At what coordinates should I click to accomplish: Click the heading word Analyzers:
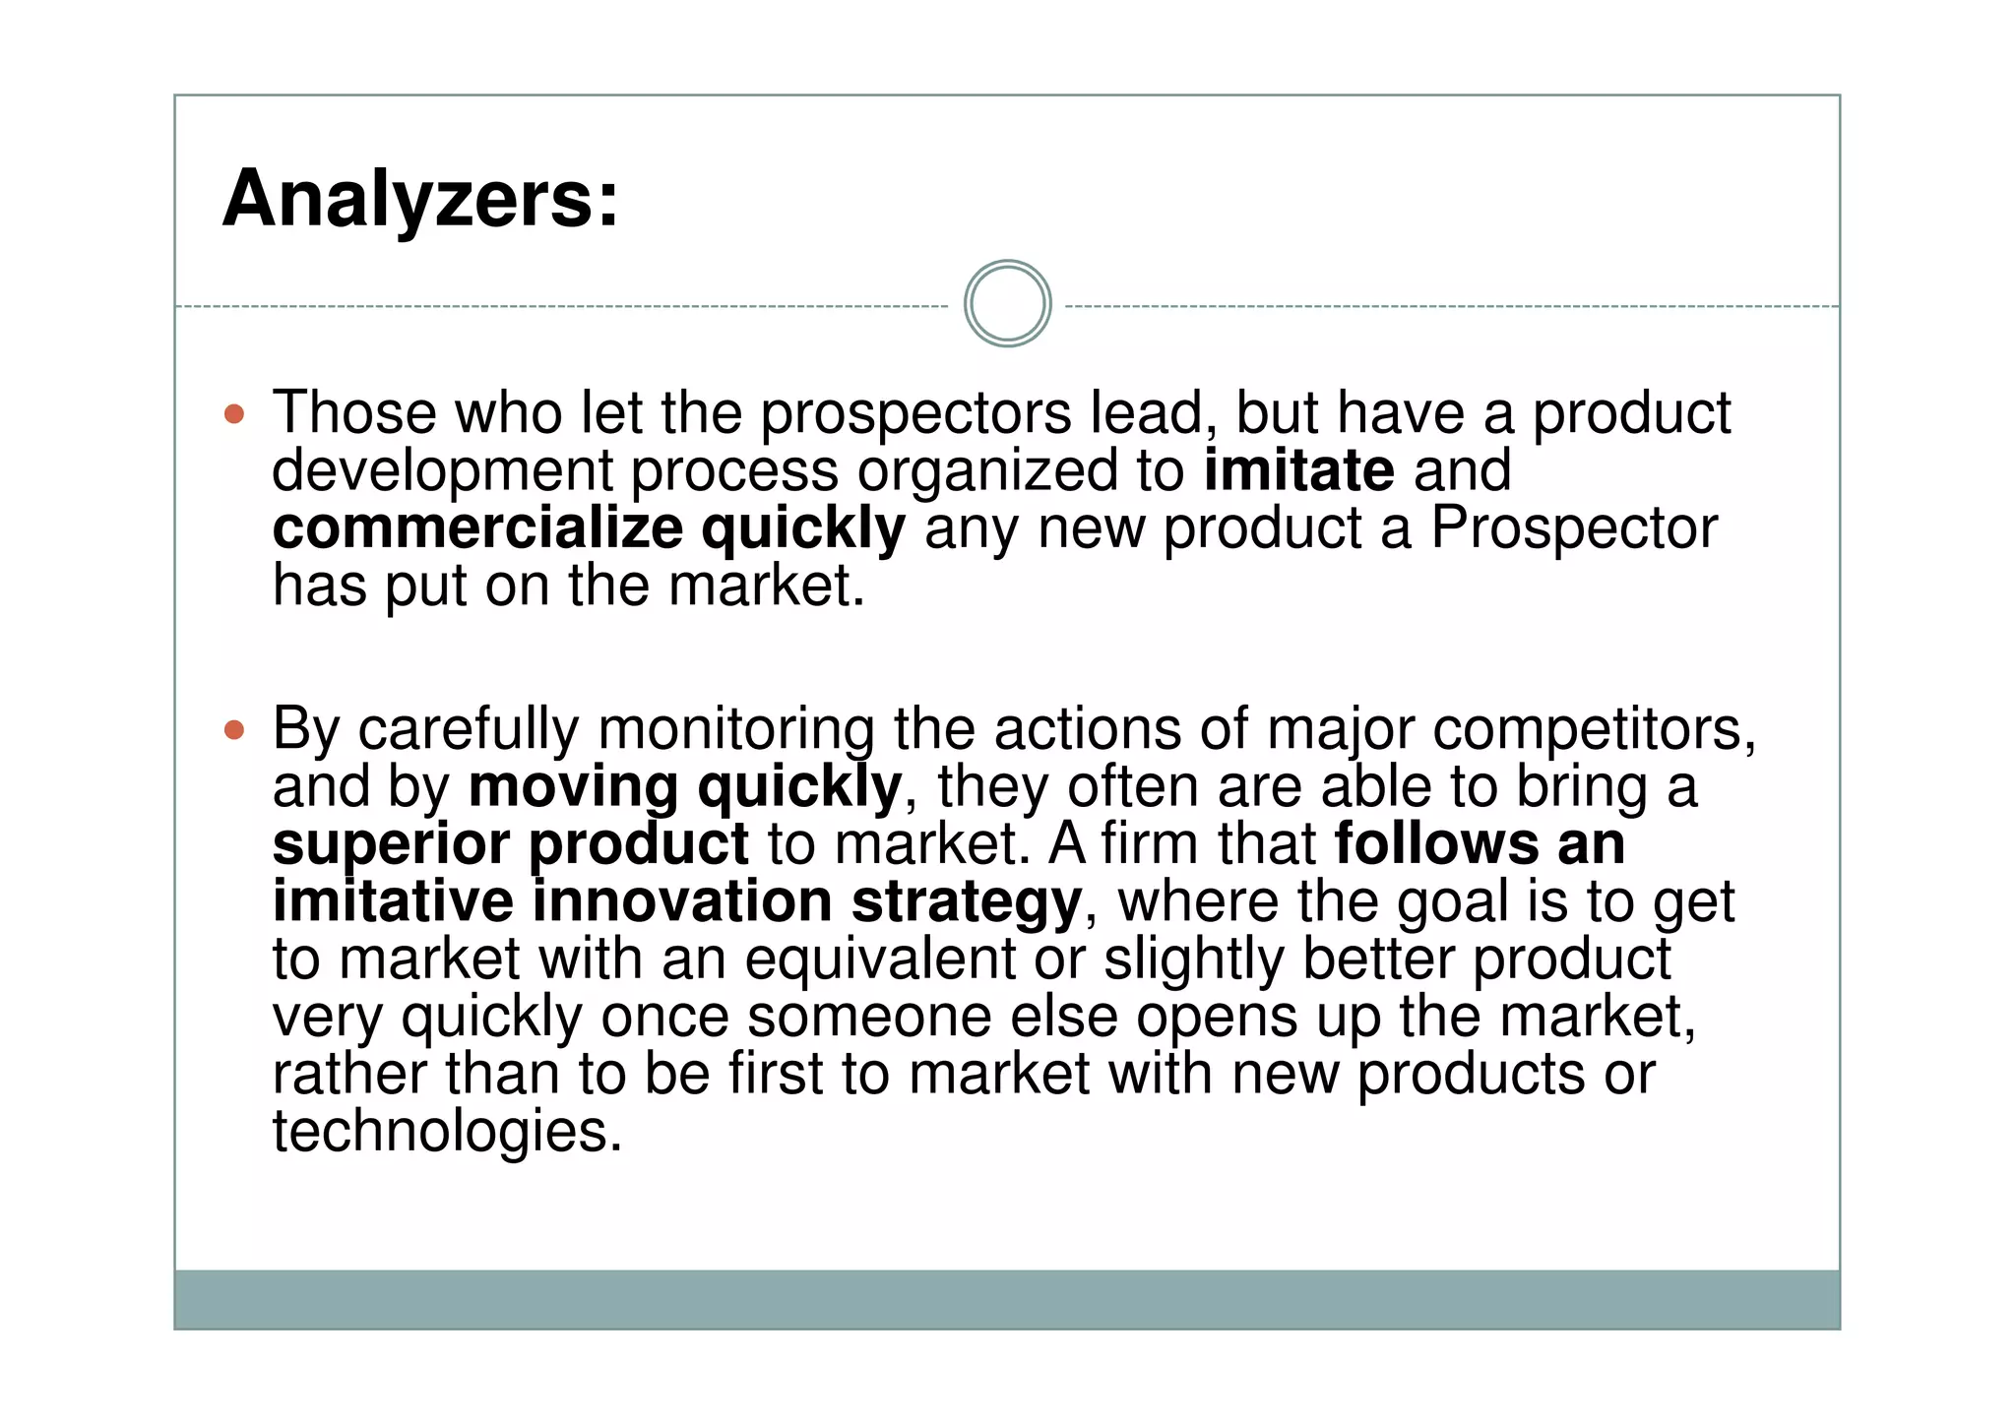(420, 200)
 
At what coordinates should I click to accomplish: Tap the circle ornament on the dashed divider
(1007, 304)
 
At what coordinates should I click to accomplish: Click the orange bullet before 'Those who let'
(234, 413)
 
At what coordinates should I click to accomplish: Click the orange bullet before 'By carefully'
(234, 730)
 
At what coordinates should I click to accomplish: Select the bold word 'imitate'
(1298, 470)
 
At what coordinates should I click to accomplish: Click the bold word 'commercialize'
(477, 528)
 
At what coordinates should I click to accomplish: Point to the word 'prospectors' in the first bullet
(915, 413)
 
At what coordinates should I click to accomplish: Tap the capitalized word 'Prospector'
(1573, 528)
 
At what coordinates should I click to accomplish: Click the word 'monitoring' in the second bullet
(735, 730)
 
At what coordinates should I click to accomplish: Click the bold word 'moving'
(573, 787)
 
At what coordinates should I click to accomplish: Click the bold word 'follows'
(1436, 844)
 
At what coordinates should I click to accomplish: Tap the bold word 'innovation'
(682, 901)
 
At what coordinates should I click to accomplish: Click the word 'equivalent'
(879, 959)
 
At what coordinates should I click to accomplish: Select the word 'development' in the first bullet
(442, 472)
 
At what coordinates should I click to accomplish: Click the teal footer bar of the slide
(1007, 1299)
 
